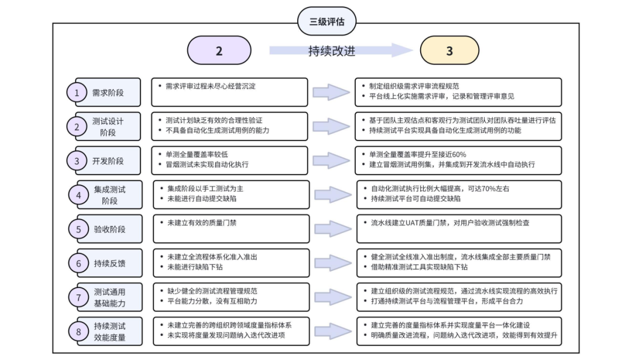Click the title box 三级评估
click(327, 22)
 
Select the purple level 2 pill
click(219, 51)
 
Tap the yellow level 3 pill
click(449, 51)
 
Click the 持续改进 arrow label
click(332, 51)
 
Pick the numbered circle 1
click(76, 92)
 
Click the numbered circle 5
click(78, 229)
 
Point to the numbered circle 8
click(78, 331)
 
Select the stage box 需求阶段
click(108, 92)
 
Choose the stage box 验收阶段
click(109, 229)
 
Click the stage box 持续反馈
click(109, 263)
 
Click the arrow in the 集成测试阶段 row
click(332, 194)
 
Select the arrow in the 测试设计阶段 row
click(332, 126)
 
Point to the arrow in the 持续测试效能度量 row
click(332, 331)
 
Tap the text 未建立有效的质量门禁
click(202, 222)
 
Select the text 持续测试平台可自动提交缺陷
click(415, 198)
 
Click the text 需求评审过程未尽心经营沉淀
click(211, 85)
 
